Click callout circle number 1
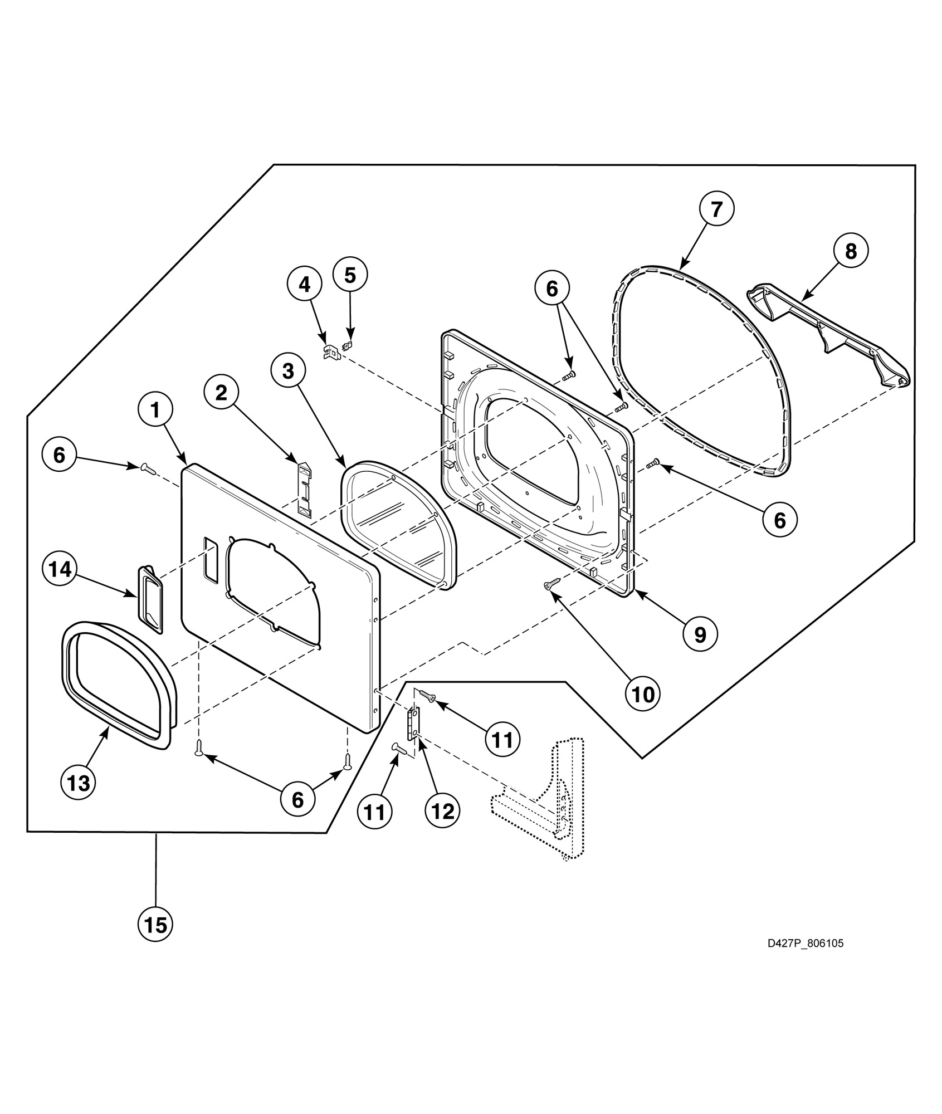(x=155, y=411)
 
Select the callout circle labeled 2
(x=222, y=393)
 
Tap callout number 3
(x=288, y=371)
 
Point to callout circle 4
(x=305, y=284)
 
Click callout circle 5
(x=350, y=275)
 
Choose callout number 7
(x=716, y=209)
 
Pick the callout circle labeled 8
(x=851, y=251)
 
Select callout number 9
(x=700, y=634)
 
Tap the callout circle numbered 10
(x=643, y=694)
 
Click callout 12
(x=443, y=812)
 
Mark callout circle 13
(x=78, y=783)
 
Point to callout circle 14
(x=60, y=569)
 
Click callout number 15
(x=155, y=925)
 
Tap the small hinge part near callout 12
(x=413, y=723)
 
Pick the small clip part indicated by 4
(x=330, y=352)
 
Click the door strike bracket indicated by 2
(x=304, y=488)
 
